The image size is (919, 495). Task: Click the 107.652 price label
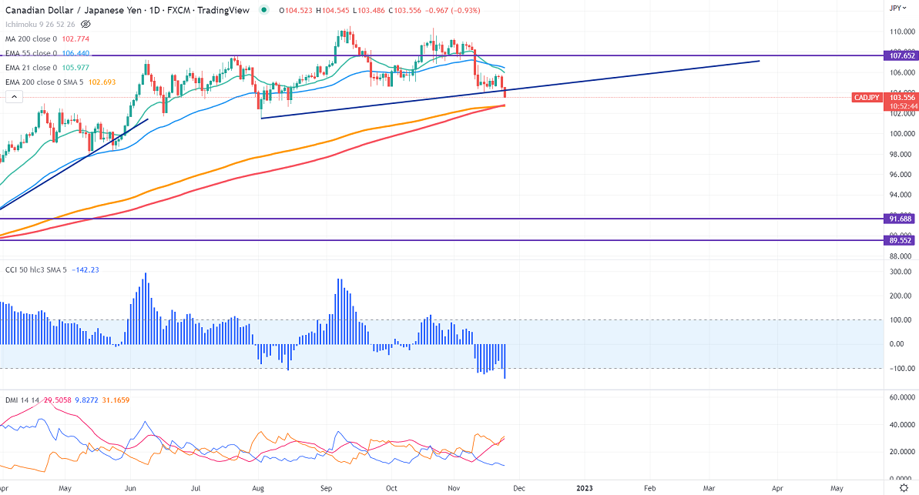(900, 55)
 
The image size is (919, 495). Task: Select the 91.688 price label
(900, 219)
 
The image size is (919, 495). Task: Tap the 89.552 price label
(900, 240)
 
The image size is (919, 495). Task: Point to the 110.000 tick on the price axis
(901, 32)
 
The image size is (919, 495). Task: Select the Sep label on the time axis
(326, 487)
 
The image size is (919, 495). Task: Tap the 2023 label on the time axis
(583, 487)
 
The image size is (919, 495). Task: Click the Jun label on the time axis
(131, 487)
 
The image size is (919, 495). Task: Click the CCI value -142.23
(85, 270)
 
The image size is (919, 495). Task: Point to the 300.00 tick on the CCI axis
(900, 272)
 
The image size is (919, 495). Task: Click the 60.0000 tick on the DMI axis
(901, 397)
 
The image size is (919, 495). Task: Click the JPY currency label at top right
(896, 8)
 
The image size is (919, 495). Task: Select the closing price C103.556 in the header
(410, 10)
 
